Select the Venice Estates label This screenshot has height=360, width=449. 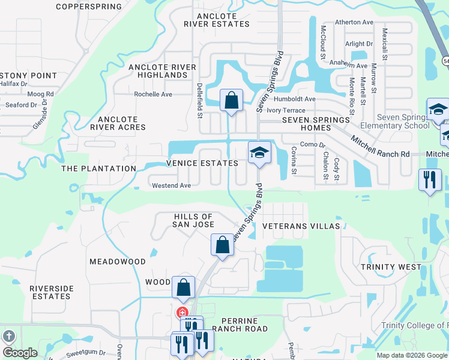click(x=194, y=163)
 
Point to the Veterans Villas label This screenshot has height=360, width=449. click(x=301, y=226)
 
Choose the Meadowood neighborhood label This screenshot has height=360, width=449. click(x=118, y=262)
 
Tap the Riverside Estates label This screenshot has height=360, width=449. click(x=52, y=292)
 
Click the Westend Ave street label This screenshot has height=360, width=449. click(x=171, y=186)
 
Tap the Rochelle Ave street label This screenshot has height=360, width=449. click(x=152, y=94)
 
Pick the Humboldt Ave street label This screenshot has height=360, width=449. click(x=294, y=99)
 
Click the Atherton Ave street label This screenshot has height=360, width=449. click(x=354, y=22)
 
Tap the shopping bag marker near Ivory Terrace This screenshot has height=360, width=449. click(x=231, y=100)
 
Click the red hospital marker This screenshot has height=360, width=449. click(x=181, y=312)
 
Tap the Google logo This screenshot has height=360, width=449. click(x=20, y=353)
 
